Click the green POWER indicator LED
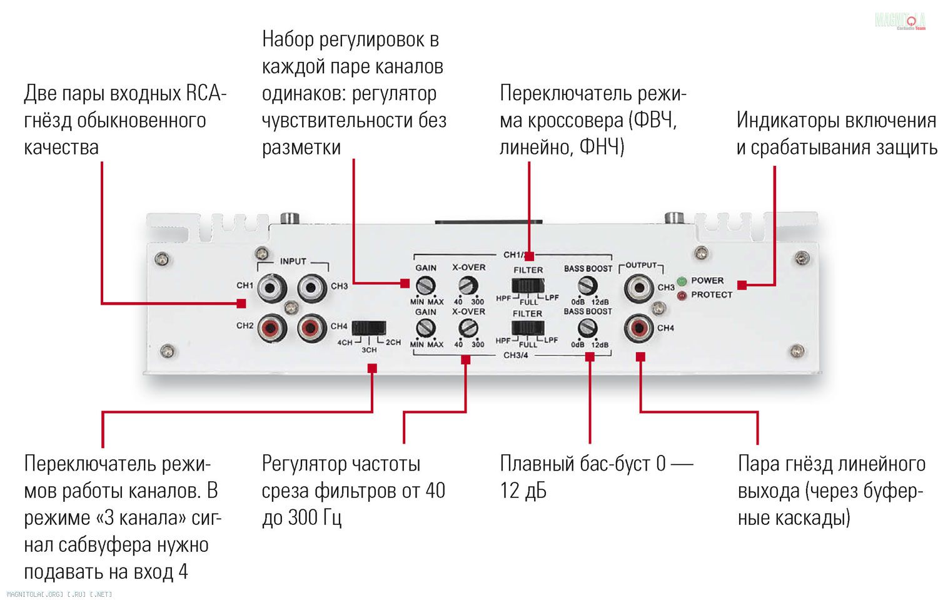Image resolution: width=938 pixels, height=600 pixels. [681, 282]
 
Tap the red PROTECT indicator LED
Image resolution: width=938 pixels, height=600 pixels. [681, 295]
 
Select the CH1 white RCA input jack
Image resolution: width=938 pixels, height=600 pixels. [271, 288]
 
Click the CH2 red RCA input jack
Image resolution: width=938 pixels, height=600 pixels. [271, 327]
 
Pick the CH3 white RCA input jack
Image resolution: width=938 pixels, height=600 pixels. [311, 288]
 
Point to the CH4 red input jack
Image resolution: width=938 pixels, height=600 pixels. [311, 327]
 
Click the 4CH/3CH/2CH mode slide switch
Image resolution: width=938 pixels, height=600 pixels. [368, 328]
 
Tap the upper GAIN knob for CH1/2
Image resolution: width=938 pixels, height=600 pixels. [426, 286]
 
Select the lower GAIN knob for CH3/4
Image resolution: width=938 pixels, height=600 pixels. [426, 327]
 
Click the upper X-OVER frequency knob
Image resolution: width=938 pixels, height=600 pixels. [468, 286]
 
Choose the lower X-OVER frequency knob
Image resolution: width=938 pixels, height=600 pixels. [468, 327]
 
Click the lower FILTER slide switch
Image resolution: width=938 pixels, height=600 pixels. [528, 328]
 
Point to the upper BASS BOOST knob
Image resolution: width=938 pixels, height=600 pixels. [587, 286]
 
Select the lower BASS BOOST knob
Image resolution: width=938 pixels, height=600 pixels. [587, 327]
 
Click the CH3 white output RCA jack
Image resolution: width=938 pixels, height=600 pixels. [639, 288]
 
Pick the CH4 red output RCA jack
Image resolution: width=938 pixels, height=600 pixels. [639, 328]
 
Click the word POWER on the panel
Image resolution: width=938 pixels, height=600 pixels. [707, 280]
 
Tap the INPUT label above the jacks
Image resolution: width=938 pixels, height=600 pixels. [293, 262]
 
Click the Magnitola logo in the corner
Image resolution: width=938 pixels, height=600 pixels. [900, 21]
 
